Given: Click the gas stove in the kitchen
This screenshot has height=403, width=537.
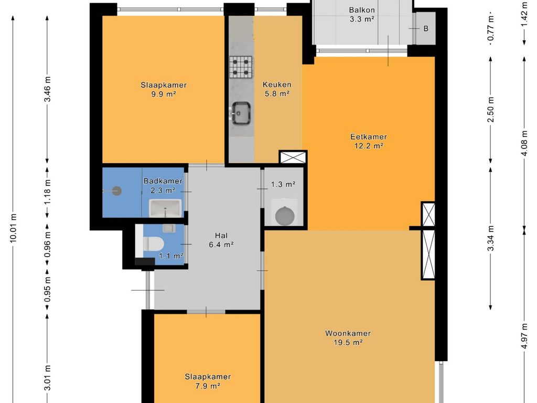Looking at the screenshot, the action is (241, 67).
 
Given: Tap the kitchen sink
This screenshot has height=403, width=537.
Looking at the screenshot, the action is (241, 113).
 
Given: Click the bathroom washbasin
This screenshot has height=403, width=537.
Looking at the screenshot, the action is (165, 208).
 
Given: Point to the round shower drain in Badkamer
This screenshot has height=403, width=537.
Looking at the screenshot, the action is (117, 191).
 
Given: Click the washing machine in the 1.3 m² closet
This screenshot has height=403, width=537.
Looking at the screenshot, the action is (285, 215).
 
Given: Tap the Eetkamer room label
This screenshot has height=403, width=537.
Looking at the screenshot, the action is (369, 137).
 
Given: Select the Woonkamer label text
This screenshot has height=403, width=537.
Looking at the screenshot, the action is (348, 333).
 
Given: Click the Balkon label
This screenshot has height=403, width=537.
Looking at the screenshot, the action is (362, 10).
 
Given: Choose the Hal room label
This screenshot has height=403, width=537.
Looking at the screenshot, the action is (221, 236).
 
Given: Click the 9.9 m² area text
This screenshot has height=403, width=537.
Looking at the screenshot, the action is (164, 94).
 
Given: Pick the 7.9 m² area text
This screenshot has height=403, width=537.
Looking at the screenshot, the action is (208, 386).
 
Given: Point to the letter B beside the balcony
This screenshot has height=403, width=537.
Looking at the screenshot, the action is (426, 28).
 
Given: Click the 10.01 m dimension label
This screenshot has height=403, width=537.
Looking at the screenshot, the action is (13, 228).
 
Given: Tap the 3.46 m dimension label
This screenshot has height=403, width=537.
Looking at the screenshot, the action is (47, 89).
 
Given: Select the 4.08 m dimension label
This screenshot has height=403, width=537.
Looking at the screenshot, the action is (524, 143).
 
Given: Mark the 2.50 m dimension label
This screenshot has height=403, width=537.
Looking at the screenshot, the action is (491, 110).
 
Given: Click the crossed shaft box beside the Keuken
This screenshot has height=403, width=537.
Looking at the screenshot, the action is (293, 157).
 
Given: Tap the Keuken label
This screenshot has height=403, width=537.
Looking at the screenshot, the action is (277, 84).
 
